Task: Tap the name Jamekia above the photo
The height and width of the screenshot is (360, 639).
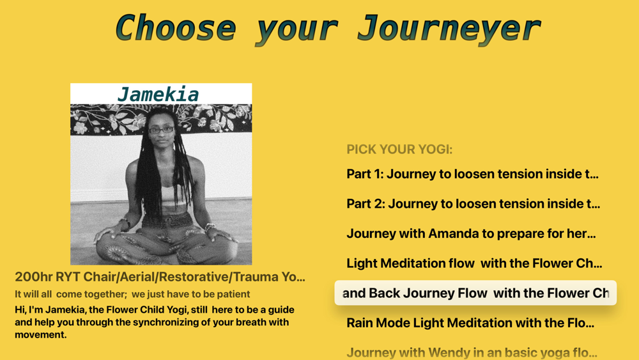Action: point(158,95)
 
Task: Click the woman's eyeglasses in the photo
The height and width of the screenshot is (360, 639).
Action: point(162,130)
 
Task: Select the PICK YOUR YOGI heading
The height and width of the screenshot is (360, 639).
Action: point(399,149)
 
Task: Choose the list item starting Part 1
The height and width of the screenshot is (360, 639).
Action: point(472,174)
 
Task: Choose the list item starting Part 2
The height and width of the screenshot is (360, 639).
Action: point(473,204)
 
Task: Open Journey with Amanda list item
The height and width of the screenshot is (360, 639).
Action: point(471,233)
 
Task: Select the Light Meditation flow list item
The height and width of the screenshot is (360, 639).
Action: point(474,263)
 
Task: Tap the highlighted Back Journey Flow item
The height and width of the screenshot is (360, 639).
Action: point(475,293)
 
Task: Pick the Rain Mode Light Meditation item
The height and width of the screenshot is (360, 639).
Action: point(470,323)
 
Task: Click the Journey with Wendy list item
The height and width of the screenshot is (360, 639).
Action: point(472,352)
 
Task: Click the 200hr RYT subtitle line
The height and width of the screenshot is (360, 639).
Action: point(160,277)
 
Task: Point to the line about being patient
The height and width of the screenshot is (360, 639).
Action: point(132,294)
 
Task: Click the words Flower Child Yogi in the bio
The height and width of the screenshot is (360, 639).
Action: point(148,309)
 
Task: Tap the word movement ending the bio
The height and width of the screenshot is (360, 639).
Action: point(40,334)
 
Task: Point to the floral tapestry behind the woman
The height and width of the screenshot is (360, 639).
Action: point(161,119)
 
